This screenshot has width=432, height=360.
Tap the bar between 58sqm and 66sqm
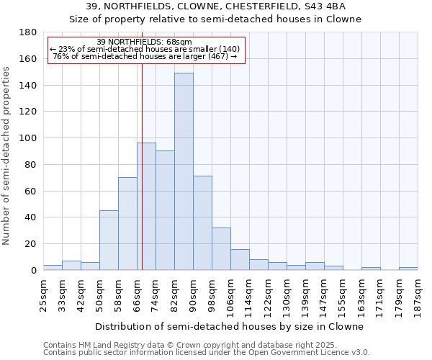(x=127, y=223)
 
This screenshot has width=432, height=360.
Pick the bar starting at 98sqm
(x=221, y=248)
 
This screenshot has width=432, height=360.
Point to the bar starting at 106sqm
(x=240, y=259)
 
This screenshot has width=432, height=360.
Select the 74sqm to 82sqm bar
(x=165, y=210)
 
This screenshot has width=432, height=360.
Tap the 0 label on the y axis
(x=33, y=270)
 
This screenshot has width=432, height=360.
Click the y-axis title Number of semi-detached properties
(x=7, y=156)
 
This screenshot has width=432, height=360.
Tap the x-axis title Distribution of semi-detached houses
(x=230, y=326)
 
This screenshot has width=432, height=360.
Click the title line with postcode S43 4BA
(x=215, y=6)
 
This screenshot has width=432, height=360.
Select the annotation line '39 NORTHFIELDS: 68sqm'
(x=144, y=42)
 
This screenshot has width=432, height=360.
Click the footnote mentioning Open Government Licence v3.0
(x=207, y=352)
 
